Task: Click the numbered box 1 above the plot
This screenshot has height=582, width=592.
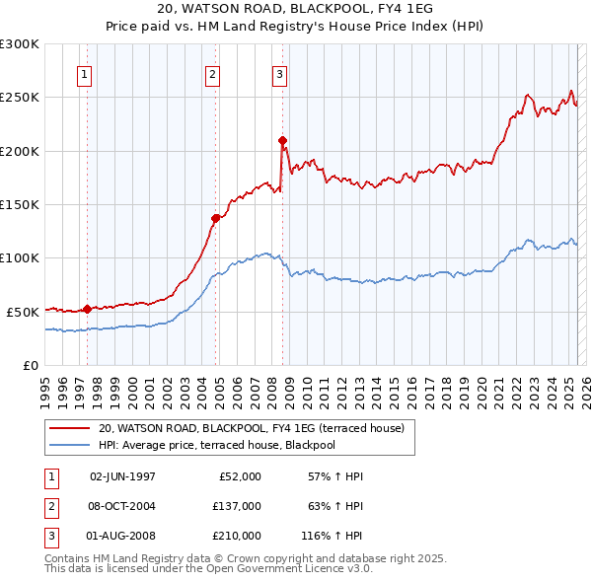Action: coord(84,73)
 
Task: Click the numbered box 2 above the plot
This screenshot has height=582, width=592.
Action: coord(212,73)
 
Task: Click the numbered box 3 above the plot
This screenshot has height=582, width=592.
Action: coord(279,73)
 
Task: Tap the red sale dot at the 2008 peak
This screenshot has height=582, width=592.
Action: coord(283,140)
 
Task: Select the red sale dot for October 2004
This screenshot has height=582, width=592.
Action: coord(215,218)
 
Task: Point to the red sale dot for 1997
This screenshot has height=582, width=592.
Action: coord(87,309)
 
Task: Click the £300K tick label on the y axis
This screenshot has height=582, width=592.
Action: coord(19,44)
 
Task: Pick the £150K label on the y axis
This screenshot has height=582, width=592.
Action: coord(19,204)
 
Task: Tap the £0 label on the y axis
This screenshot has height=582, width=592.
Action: coord(30,365)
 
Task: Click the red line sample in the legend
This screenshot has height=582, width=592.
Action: coord(69,429)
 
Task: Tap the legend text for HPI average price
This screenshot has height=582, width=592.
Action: coord(217,445)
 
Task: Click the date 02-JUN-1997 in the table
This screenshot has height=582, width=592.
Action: coord(122,476)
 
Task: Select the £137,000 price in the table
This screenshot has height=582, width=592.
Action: coord(237,507)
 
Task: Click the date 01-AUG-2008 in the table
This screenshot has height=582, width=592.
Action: coord(122,538)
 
